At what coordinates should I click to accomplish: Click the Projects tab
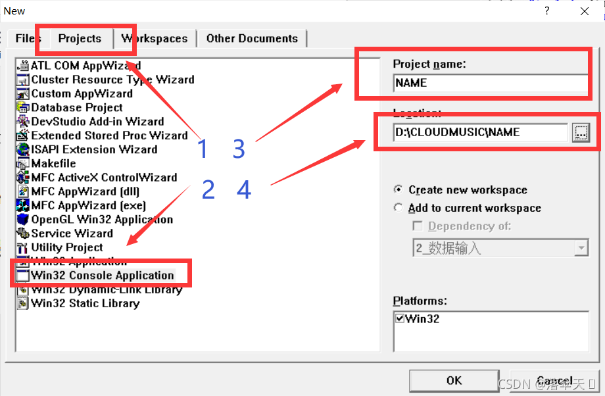tap(80, 38)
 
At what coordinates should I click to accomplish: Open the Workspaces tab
tap(155, 38)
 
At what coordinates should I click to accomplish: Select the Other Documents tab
tap(252, 38)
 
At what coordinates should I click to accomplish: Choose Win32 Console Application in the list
tap(102, 275)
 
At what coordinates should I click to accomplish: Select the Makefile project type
tap(53, 163)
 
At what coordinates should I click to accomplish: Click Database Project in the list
tap(76, 107)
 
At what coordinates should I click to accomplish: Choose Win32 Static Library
tap(85, 303)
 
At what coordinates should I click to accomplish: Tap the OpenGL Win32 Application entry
tap(102, 219)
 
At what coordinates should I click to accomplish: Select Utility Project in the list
tap(67, 247)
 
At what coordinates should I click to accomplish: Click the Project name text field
tap(489, 83)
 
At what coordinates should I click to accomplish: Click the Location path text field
tap(479, 132)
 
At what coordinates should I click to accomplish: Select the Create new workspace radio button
tap(399, 189)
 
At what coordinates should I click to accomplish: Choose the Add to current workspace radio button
tap(399, 208)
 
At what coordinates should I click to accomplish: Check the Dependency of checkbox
tap(418, 226)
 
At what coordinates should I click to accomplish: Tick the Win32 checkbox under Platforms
tap(400, 319)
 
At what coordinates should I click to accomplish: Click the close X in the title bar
tap(585, 11)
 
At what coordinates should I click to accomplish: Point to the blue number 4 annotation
tap(244, 190)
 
